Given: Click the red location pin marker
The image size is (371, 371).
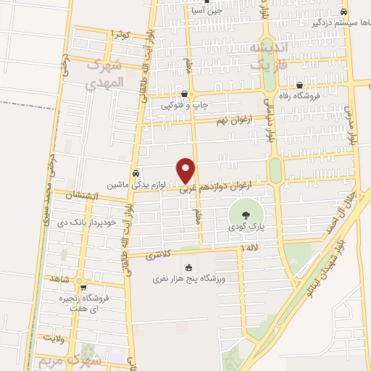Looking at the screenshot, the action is coord(187,171).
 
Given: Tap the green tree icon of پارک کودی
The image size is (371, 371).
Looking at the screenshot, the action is coord(244,214).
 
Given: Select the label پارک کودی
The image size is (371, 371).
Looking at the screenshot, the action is coord(244,227).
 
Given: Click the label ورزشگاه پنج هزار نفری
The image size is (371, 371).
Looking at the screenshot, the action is coord(190,279).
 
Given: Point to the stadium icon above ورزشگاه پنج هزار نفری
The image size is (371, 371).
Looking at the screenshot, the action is coord(190,267).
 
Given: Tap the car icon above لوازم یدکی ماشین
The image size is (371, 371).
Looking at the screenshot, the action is coord(136,174).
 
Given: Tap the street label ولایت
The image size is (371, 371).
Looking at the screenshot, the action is coord(54,338).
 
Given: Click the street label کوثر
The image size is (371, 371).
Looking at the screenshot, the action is coord(120,34).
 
